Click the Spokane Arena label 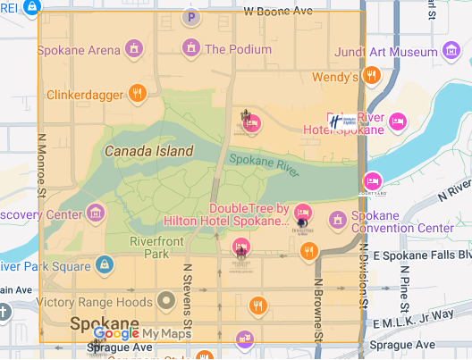79,48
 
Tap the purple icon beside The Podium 190,47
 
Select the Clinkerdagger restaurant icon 137,91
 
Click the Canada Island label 148,151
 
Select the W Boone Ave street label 277,12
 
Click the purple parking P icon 190,16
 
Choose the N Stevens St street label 189,290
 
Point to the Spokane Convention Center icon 338,219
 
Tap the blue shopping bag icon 105,264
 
